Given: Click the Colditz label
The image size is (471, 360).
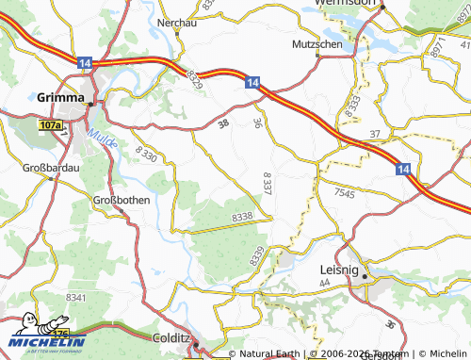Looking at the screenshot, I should [171, 336].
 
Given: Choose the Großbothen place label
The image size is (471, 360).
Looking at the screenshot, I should [122, 200].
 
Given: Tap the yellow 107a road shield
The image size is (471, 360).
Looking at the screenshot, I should [52, 124].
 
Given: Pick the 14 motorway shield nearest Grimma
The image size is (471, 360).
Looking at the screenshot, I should [86, 62].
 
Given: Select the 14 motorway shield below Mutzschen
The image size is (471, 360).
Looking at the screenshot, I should [252, 84].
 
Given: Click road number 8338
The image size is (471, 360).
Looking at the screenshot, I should [241, 218].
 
